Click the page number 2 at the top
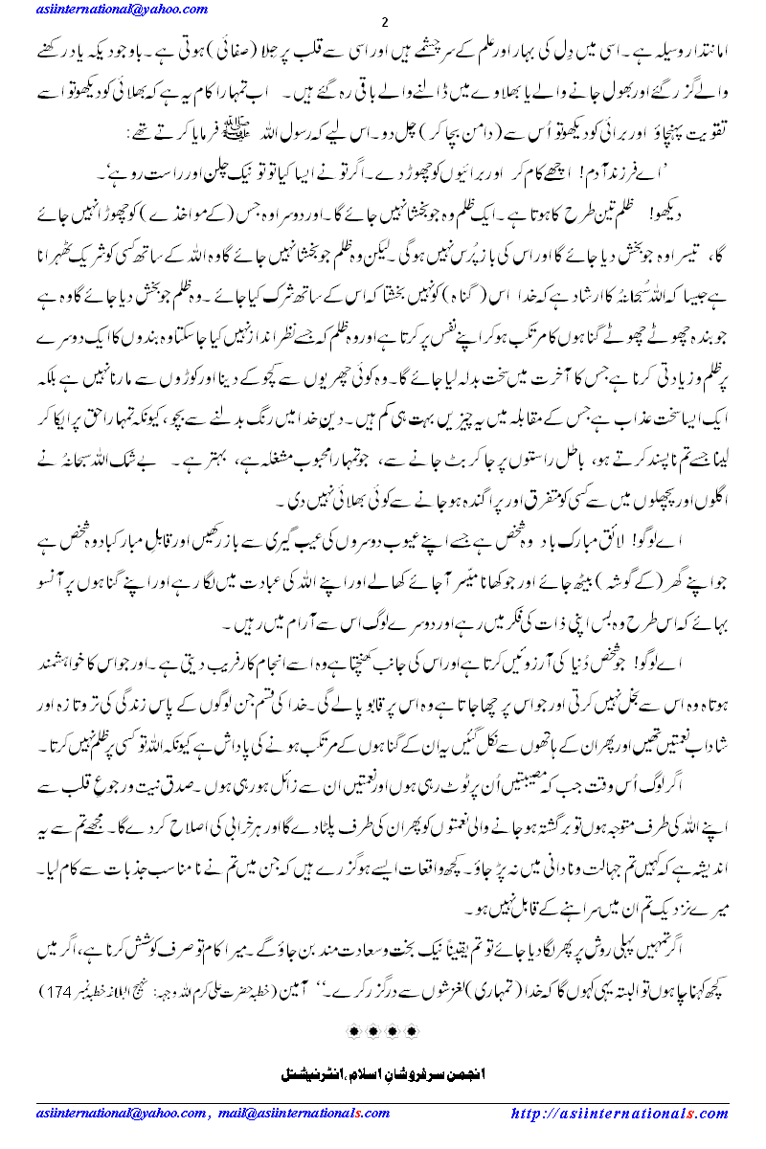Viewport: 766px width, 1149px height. [384, 23]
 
